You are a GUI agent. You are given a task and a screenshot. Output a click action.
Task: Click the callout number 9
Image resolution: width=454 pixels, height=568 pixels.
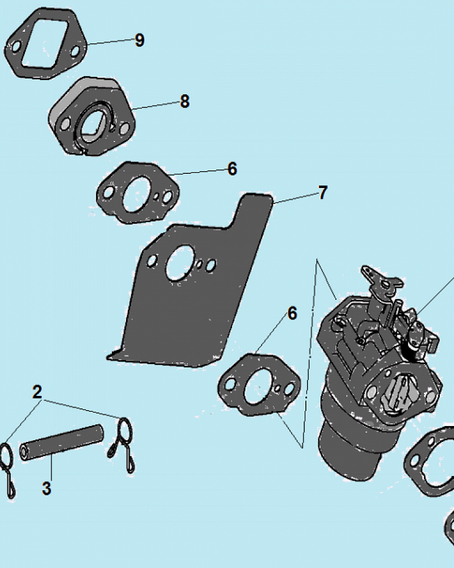coord(140,40)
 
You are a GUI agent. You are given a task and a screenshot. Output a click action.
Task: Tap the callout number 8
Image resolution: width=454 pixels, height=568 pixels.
coord(184,101)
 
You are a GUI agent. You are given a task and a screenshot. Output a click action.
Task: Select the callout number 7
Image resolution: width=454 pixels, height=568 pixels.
coord(323,193)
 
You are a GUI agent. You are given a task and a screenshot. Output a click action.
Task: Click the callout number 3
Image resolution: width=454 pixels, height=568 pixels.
coord(47,488)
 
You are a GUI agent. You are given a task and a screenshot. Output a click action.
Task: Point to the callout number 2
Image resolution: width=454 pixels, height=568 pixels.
coord(37,392)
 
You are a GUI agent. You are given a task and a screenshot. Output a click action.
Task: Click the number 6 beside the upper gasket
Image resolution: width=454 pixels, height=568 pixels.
coord(232,169)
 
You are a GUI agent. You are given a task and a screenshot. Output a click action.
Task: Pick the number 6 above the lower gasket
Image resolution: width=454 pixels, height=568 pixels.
coord(292,314)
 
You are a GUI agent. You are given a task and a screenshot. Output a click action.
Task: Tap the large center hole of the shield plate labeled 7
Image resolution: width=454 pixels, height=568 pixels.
coord(180,262)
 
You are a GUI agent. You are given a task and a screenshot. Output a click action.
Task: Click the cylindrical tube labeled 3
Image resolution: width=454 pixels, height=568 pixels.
coord(61,442)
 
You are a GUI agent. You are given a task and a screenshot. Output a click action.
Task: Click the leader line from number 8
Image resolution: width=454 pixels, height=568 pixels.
coord(156,106)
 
